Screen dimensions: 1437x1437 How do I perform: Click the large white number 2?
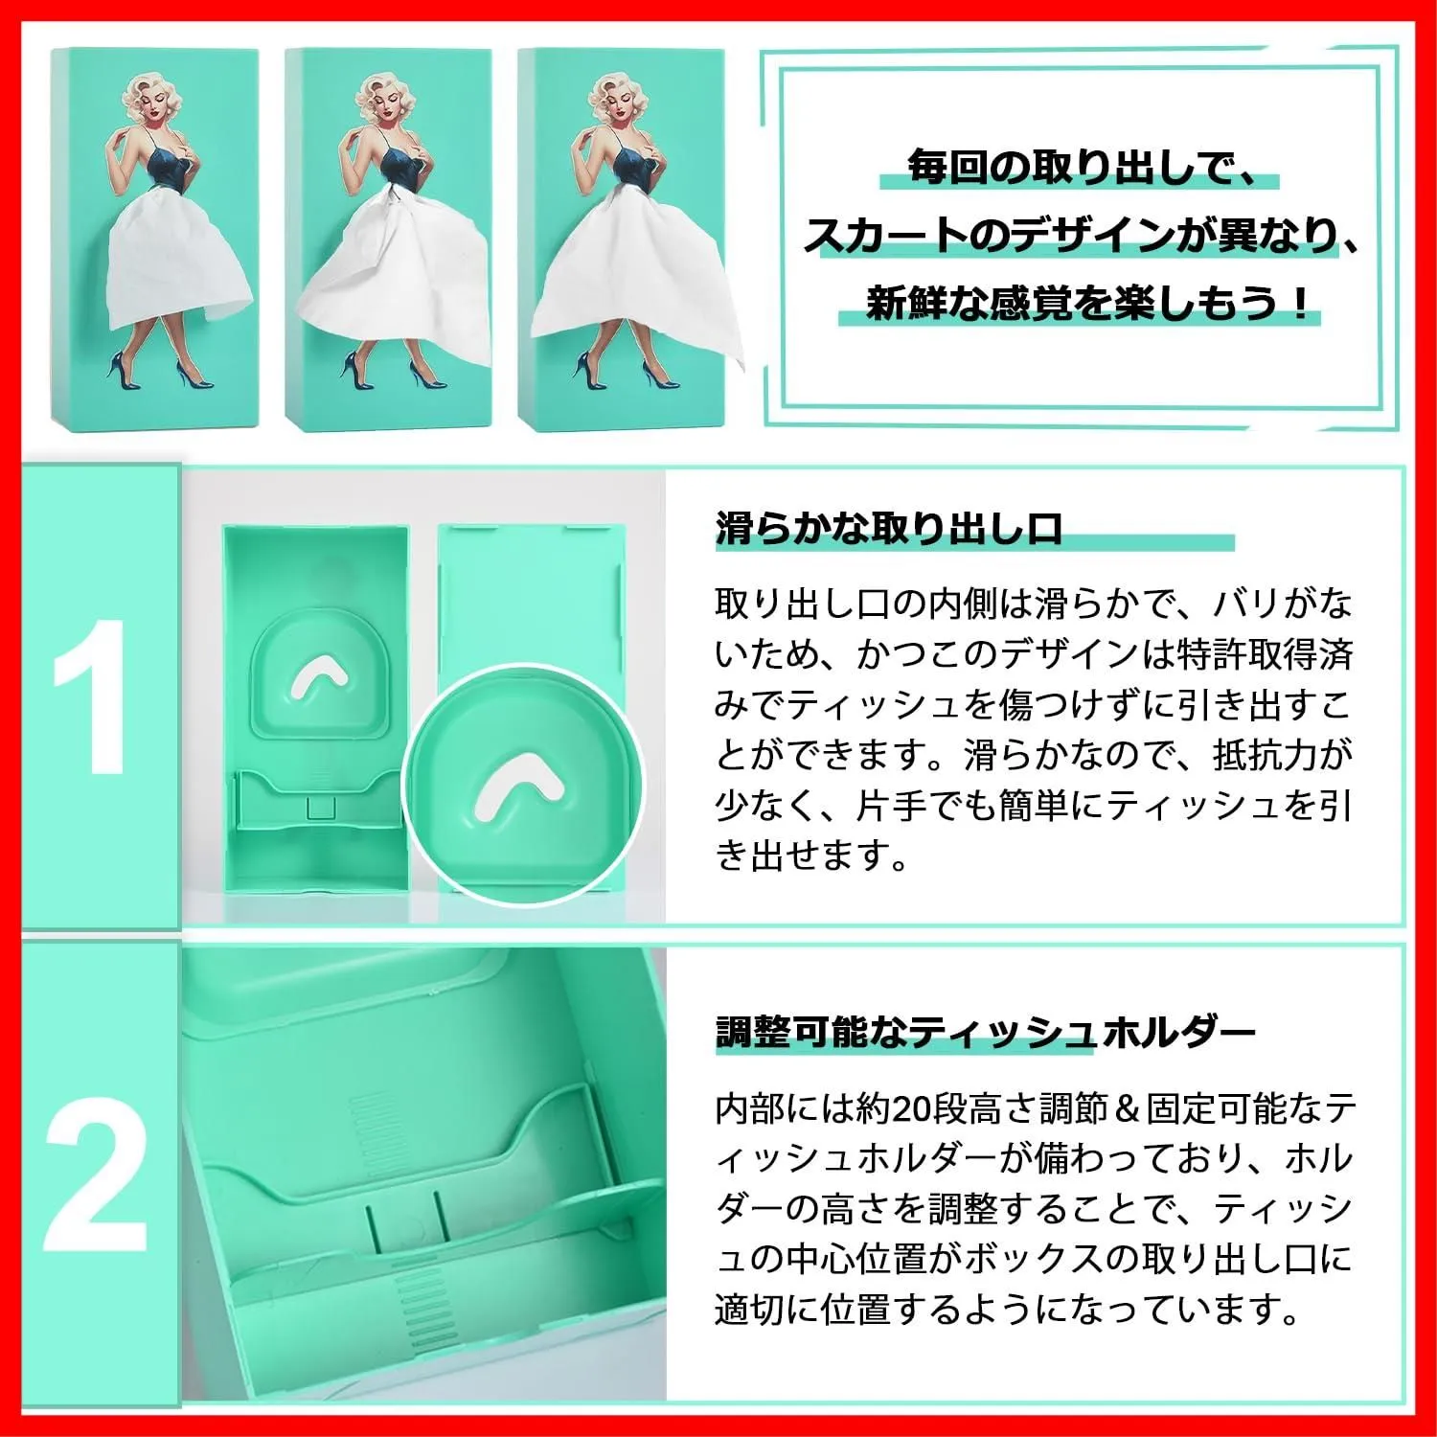coord(97,1176)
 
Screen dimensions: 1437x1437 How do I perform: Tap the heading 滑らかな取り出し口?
coord(888,528)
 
